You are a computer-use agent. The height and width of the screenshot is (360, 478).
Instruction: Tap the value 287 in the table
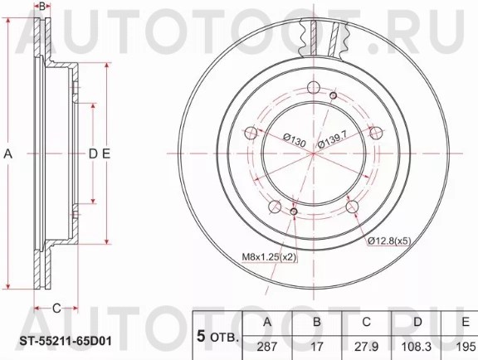[266, 344]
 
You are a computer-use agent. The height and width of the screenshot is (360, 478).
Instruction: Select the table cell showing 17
[316, 344]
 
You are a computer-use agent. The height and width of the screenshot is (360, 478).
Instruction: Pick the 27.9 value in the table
[366, 344]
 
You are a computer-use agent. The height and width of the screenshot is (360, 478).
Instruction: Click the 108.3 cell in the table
[416, 344]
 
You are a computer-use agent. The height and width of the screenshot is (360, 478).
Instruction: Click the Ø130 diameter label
[295, 142]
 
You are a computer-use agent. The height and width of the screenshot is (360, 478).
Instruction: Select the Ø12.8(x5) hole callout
[388, 241]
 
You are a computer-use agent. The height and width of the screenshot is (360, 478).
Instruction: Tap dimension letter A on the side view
[9, 153]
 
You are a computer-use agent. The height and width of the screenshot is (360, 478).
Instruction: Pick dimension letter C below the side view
[56, 309]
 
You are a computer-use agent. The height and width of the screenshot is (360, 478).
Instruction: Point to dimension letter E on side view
[107, 153]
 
